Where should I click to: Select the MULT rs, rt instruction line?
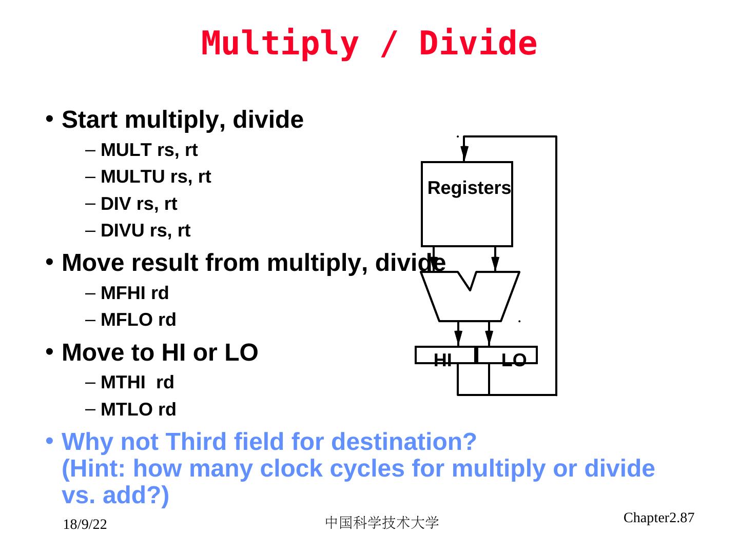149,150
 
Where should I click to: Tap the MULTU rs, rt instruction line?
155,177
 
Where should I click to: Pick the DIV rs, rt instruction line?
139,204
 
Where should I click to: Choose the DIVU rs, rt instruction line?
145,231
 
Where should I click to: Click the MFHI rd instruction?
134,293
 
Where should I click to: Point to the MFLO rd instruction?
138,320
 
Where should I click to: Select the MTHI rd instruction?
137,383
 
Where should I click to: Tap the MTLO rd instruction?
138,410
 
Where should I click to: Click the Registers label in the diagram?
469,188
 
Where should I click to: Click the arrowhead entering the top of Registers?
464,153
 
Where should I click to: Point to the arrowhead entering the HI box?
458,338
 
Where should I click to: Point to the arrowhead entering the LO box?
489,338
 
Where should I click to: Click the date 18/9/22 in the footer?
85,525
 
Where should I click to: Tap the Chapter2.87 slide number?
658,518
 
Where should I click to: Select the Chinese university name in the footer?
382,523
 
